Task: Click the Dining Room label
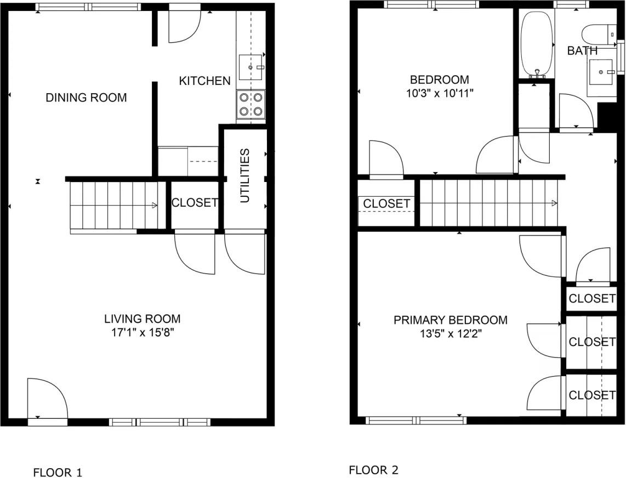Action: tap(86, 98)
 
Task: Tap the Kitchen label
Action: tap(204, 81)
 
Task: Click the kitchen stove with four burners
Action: tap(251, 104)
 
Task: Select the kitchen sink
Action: tap(252, 67)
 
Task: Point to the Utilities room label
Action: tap(245, 175)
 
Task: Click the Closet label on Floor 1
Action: tap(195, 202)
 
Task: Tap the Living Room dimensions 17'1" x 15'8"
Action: tap(142, 332)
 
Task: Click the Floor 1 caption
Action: tap(58, 472)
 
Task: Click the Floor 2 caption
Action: tap(374, 470)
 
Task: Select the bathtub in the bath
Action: tap(537, 44)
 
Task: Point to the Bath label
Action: tap(582, 51)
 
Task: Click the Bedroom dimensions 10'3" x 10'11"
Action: tap(440, 93)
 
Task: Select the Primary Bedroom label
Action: tap(451, 320)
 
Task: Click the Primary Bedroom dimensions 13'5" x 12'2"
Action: tap(451, 333)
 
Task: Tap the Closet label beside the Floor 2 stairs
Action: tap(386, 204)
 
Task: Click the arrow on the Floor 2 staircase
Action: tap(554, 203)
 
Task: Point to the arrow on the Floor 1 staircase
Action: tap(155, 206)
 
